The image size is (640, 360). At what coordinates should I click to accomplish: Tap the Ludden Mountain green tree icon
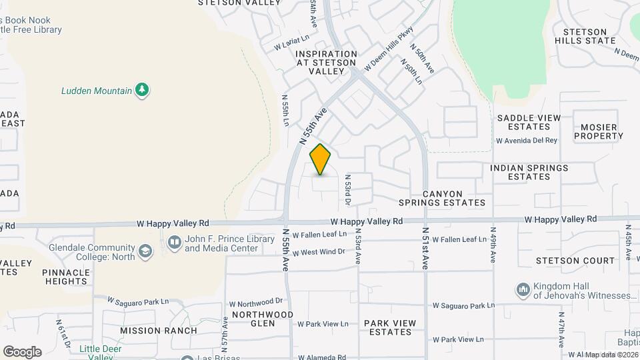point(141,91)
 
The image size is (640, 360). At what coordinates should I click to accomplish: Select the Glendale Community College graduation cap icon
point(145,251)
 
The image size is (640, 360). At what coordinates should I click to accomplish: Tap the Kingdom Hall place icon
point(523,290)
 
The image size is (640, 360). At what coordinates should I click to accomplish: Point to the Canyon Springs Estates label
point(442,198)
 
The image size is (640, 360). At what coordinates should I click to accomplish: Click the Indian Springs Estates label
point(529,172)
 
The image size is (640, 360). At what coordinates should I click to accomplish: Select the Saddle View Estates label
point(529,122)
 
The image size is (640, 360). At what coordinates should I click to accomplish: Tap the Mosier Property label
point(598,131)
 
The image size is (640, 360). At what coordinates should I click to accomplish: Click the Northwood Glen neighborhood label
point(263,319)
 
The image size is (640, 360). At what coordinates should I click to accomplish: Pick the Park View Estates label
point(390,327)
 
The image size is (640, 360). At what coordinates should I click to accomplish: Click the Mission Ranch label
point(159,330)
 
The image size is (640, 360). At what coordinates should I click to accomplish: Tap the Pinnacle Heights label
point(65,277)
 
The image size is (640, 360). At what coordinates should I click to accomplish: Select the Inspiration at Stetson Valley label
point(327,62)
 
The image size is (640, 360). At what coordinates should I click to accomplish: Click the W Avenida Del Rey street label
point(526,141)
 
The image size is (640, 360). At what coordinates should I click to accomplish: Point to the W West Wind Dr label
point(319,252)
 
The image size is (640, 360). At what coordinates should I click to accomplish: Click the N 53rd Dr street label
point(347,190)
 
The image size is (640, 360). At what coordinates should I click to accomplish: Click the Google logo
point(22,351)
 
